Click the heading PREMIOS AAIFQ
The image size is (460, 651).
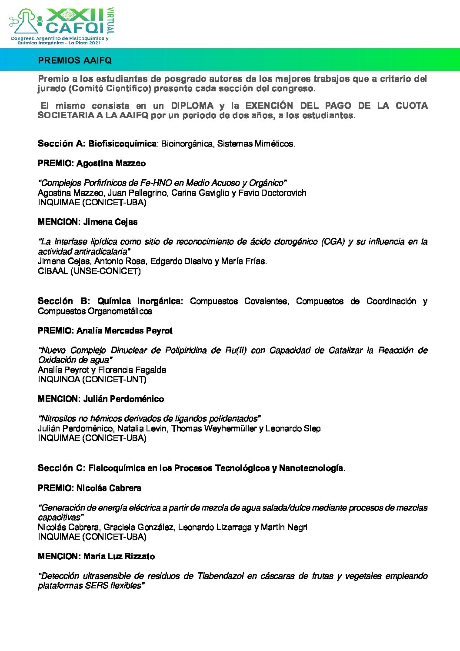pyautogui.click(x=75, y=60)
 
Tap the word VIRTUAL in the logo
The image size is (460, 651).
pyautogui.click(x=110, y=20)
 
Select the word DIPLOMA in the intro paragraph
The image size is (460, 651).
pyautogui.click(x=192, y=106)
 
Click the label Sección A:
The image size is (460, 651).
pyautogui.click(x=61, y=144)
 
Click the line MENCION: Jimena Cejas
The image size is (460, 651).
pyautogui.click(x=88, y=222)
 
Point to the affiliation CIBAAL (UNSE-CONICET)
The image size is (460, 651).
pyautogui.click(x=89, y=271)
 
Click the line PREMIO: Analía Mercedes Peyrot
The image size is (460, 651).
pyautogui.click(x=105, y=331)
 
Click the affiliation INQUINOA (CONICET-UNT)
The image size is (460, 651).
pyautogui.click(x=92, y=379)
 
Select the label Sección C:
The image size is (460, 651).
pyautogui.click(x=61, y=468)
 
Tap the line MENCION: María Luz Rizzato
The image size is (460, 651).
pyautogui.click(x=96, y=556)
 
